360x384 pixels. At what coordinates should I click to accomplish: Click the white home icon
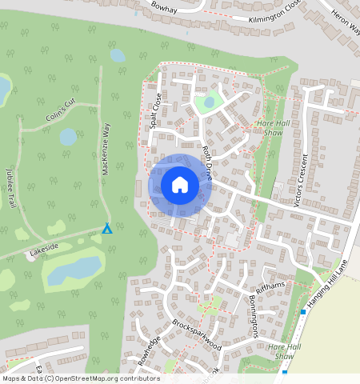[x=180, y=185]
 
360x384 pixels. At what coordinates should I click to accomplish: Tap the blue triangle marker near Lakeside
[x=106, y=229]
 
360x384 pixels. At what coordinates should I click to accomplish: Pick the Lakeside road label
[x=44, y=251]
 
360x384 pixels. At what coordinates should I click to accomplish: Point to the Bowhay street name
[x=162, y=7]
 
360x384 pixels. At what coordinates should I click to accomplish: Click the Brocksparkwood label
[x=196, y=335]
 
